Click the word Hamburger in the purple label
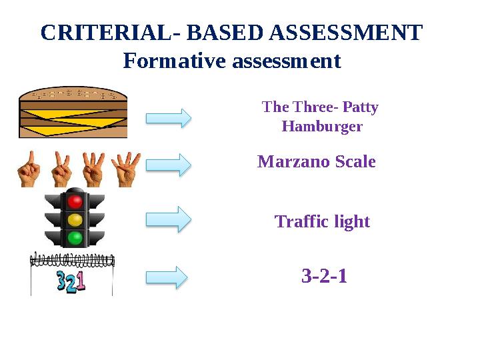pos(322,126)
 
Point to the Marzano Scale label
pos(317,162)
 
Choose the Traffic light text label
pos(322,221)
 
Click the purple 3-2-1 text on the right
pos(324,275)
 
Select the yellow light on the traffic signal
pos(75,219)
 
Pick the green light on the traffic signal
pos(75,237)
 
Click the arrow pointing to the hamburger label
pos(169,118)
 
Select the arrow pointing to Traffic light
pos(169,219)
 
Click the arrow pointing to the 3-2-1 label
pos(169,277)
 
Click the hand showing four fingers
pos(125,169)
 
